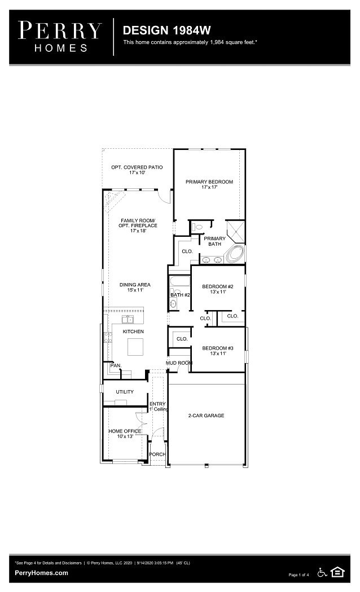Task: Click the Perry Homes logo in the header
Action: (x=60, y=37)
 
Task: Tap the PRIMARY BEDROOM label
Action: (x=209, y=184)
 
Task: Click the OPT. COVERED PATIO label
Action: (x=137, y=170)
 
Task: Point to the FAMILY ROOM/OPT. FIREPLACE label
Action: (x=138, y=226)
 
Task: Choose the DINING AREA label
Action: (x=135, y=287)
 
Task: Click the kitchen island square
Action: (x=135, y=347)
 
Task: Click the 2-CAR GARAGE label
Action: (x=206, y=416)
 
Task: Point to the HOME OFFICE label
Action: (x=125, y=434)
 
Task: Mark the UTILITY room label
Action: (x=125, y=391)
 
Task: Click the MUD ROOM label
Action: (x=179, y=363)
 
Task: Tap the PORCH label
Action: (x=157, y=454)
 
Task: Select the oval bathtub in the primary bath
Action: (x=235, y=254)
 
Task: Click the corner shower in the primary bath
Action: (x=235, y=231)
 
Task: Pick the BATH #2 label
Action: (x=180, y=295)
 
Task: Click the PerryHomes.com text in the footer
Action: (x=42, y=573)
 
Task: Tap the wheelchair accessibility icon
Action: (x=323, y=572)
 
